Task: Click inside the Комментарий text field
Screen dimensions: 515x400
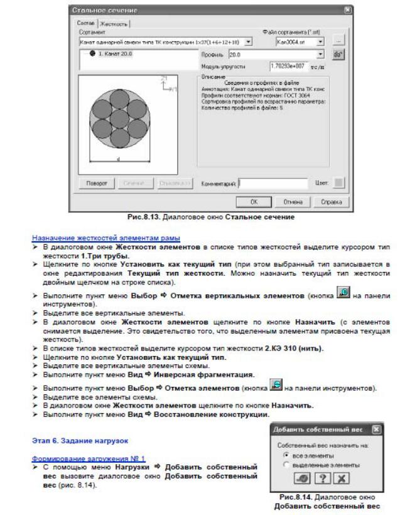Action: pos(268,184)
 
